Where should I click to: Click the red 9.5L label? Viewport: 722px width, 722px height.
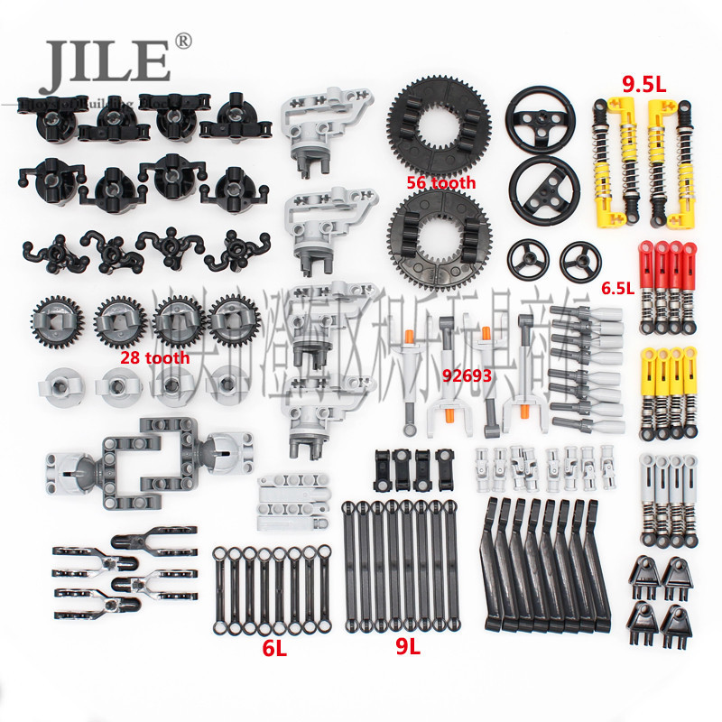coord(642,86)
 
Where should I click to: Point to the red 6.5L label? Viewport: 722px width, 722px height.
coord(619,290)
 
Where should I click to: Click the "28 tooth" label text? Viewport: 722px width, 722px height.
coord(155,357)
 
